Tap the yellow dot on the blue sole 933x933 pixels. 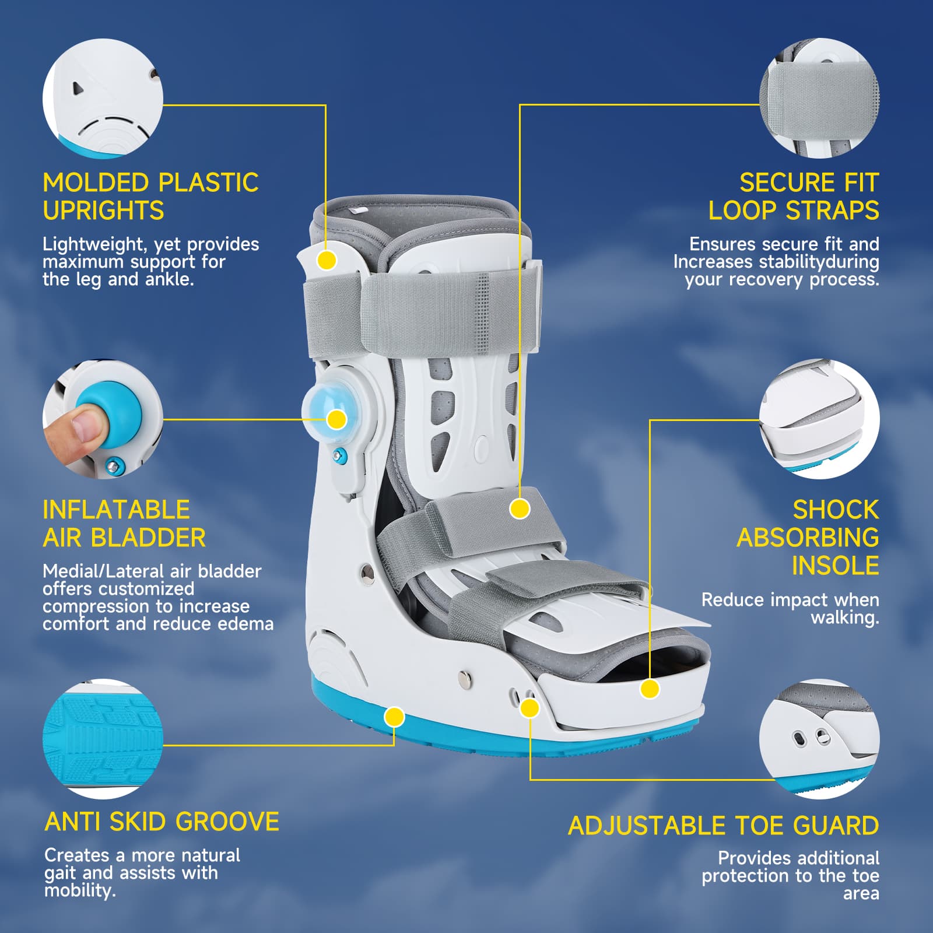[395, 717]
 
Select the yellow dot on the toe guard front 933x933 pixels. [650, 689]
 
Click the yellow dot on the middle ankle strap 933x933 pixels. [519, 508]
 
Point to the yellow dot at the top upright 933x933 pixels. [327, 259]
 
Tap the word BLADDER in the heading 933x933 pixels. [149, 538]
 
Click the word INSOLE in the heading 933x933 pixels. [835, 566]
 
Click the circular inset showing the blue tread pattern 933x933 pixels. [103, 739]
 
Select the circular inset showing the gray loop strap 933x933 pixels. [819, 98]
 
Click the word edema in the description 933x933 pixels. [245, 624]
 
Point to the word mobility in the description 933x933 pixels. [80, 890]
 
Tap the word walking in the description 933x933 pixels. [845, 618]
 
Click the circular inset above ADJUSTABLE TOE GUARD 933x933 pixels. [819, 739]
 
